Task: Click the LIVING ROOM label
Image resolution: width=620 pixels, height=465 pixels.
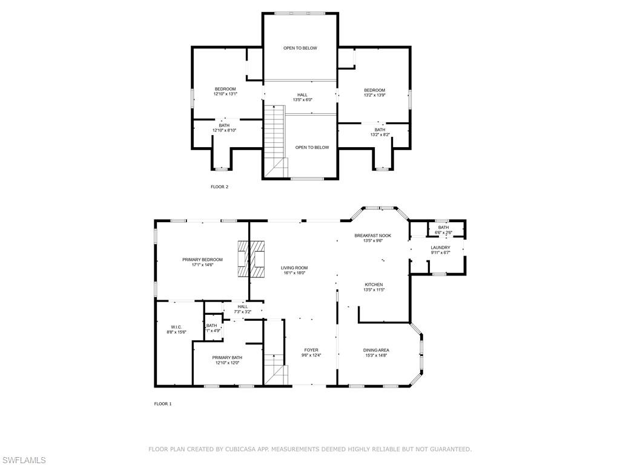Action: click(294, 268)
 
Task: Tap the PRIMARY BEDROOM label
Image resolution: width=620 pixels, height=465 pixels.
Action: click(202, 260)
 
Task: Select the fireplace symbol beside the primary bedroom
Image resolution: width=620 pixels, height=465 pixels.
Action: click(251, 260)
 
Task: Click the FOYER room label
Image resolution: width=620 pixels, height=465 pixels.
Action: click(311, 350)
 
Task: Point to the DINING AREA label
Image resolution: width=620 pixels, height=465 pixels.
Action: click(375, 350)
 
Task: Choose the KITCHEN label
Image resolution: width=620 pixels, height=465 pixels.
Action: click(374, 285)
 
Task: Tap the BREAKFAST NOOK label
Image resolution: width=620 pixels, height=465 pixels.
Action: click(373, 235)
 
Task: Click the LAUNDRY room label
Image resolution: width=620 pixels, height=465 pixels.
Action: click(440, 248)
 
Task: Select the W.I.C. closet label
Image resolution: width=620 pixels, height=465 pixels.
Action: click(176, 327)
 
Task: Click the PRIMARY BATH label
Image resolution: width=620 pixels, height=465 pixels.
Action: click(227, 358)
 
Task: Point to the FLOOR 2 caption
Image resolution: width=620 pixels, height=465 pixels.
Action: click(219, 187)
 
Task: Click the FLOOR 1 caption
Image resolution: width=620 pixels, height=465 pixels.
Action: click(163, 404)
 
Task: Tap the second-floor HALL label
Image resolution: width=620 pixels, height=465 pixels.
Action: click(302, 94)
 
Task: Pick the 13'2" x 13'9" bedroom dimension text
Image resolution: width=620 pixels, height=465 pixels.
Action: click(374, 95)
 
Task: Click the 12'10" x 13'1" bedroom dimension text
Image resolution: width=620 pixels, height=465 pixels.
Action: click(225, 94)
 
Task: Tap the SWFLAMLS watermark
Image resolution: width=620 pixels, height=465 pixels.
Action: click(24, 460)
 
